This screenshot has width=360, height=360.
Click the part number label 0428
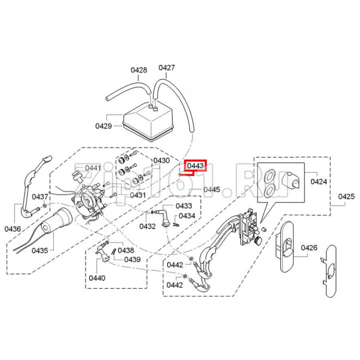pos(138,70)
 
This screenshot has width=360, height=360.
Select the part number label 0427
pos(167,68)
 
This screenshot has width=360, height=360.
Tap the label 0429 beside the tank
pos(104,126)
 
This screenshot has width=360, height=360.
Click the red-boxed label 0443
pos(196,166)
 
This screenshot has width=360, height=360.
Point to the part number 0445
pos(211,189)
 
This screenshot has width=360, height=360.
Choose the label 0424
pos(318,181)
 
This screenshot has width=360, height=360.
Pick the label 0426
pos(309,248)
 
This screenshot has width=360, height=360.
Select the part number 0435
pos(39,251)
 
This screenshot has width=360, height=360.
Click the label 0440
pos(97,278)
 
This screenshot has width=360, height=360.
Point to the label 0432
pos(147,226)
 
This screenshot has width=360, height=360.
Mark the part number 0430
pos(161,161)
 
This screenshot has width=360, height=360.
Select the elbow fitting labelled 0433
pos(164,217)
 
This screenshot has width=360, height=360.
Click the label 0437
pos(40,197)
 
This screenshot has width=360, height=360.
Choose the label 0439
pos(132,259)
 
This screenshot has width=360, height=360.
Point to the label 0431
pos(138,194)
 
